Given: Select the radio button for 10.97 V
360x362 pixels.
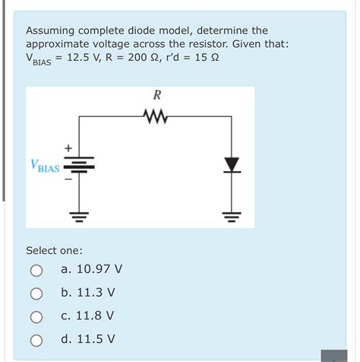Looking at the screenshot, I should [x=36, y=270].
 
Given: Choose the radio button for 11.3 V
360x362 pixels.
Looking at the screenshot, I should [x=36, y=294].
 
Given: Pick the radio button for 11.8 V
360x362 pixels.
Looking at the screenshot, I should [x=36, y=316].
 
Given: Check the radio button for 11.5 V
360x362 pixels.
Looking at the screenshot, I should [x=36, y=339].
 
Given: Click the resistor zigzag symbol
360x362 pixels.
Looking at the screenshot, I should [x=156, y=116].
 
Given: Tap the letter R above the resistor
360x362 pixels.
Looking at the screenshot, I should [x=156, y=96].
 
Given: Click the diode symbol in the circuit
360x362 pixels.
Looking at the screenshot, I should [x=231, y=164].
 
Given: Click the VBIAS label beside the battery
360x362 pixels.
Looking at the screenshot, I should [x=45, y=165].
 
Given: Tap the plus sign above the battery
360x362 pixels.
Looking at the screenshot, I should [x=68, y=147].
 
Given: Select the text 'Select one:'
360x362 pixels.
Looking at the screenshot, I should [x=55, y=250].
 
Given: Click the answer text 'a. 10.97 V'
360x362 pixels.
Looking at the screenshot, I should [x=91, y=269].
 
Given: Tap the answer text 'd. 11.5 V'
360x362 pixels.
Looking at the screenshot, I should [x=88, y=338].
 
